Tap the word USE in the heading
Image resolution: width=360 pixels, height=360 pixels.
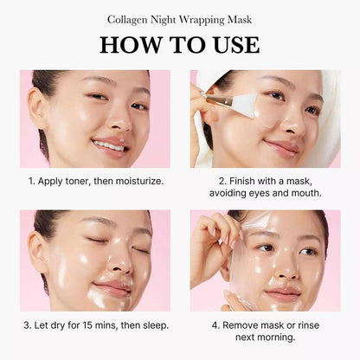236,45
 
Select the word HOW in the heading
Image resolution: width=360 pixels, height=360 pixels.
131,45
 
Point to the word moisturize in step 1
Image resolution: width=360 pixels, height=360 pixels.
139,181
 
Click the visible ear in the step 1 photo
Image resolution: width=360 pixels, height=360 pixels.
36,108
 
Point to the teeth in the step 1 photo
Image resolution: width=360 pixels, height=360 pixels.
109,145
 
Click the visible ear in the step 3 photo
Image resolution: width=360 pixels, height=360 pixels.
36,252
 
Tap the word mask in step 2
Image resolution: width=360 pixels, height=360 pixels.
299,181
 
